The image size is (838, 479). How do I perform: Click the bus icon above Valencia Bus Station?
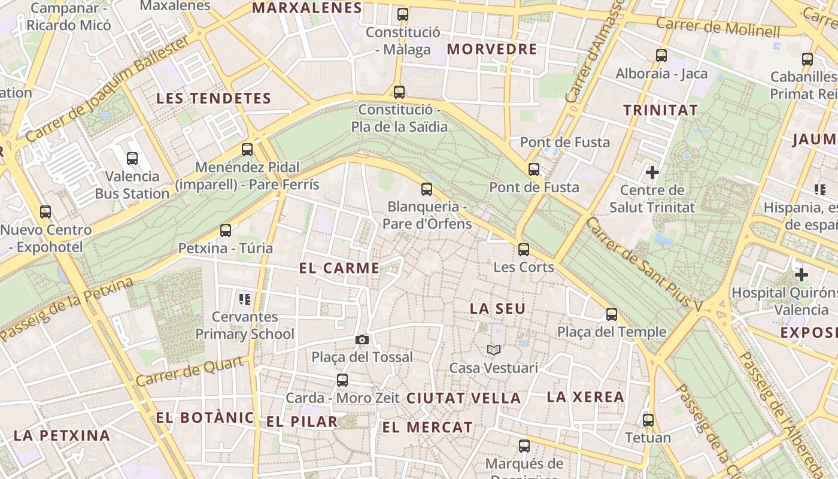click(x=132, y=159)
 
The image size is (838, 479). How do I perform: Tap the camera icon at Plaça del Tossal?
click(x=362, y=340)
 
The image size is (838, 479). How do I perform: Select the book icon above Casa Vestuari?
click(x=493, y=350)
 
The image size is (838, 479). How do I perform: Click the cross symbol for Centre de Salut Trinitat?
click(x=652, y=173)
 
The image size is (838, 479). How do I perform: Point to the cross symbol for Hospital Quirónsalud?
click(x=801, y=275)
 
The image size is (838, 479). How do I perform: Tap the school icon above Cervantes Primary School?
click(x=244, y=299)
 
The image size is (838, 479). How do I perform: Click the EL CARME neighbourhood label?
click(x=339, y=268)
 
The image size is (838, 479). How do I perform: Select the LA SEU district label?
click(x=497, y=309)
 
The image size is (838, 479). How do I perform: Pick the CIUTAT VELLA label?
click(x=463, y=398)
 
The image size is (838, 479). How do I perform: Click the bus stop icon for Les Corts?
click(x=524, y=249)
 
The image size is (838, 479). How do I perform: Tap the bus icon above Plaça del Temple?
click(x=612, y=314)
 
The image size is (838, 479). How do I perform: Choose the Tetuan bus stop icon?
click(x=648, y=420)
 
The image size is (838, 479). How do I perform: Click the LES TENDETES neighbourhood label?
click(x=214, y=99)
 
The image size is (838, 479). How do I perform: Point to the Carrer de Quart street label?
click(x=190, y=371)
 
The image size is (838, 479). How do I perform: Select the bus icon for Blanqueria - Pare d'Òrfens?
click(x=427, y=189)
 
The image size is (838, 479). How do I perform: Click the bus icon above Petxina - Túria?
click(x=226, y=230)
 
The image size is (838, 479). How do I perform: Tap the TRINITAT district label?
click(x=660, y=110)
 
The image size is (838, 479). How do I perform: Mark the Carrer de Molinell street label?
click(x=718, y=27)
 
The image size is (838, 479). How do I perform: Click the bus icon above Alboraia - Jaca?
click(x=661, y=56)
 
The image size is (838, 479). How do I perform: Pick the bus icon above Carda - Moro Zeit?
click(x=342, y=380)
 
